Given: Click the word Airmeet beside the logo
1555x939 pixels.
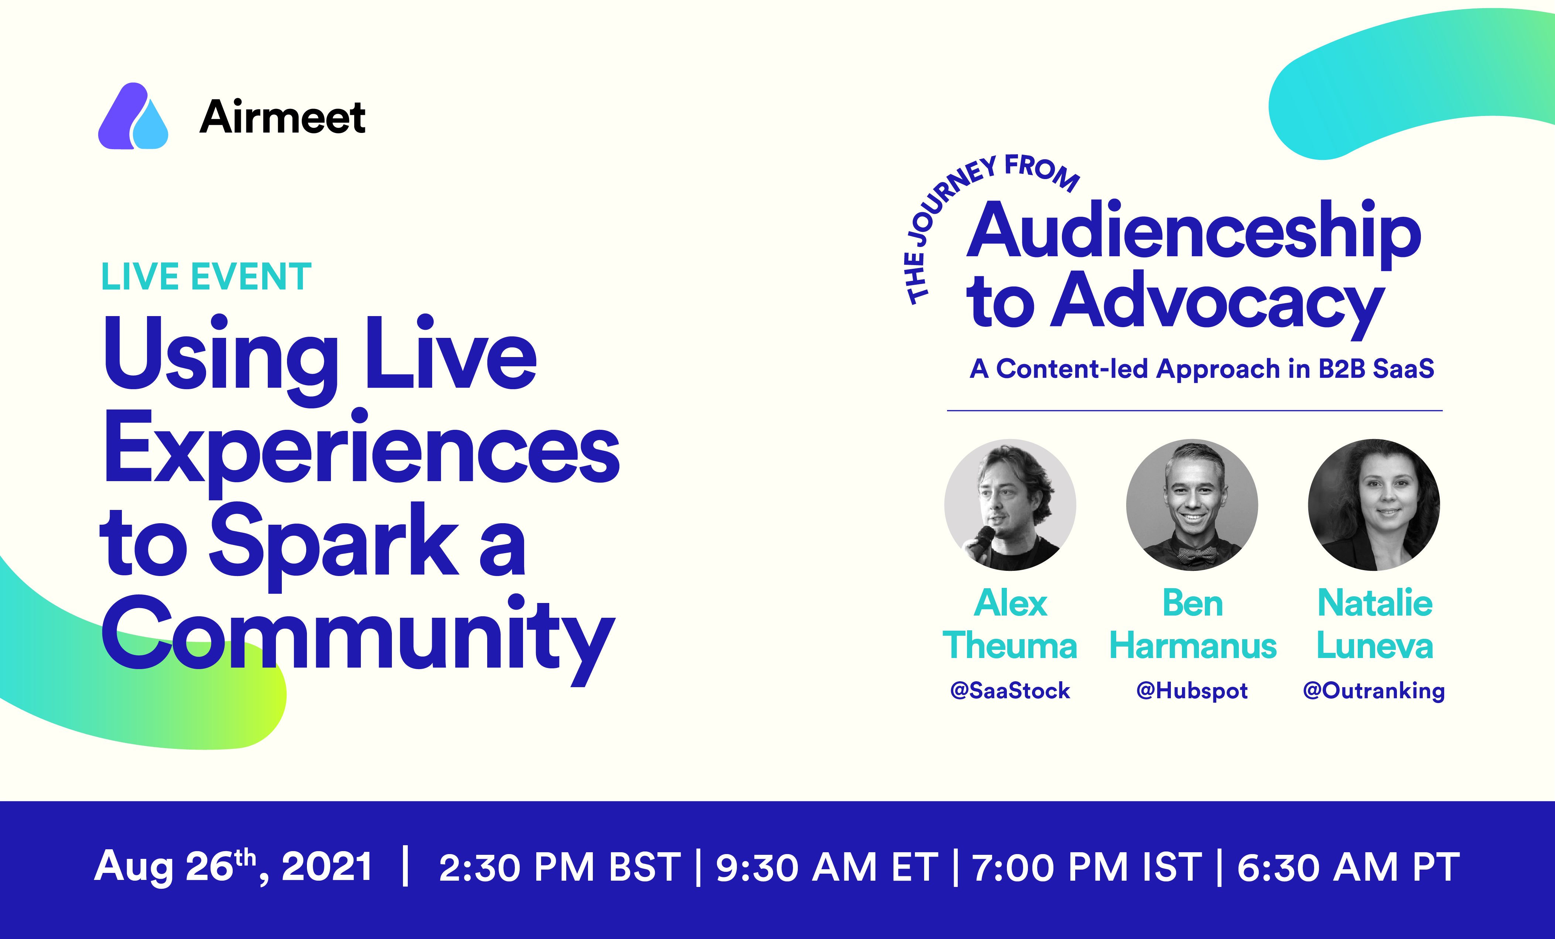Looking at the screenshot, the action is coord(282,117).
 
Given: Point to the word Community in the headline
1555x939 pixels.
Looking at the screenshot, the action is coord(358,637).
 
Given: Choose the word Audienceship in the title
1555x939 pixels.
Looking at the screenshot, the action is coord(1194,232).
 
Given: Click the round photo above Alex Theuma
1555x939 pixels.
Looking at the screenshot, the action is coord(1010,505).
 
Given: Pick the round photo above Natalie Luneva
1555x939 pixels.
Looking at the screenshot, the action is coord(1374,505).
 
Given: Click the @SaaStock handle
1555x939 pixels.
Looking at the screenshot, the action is coord(1010,690).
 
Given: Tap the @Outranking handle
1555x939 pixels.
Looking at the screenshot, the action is coord(1374,691).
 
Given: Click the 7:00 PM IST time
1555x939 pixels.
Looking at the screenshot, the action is coord(1087,867).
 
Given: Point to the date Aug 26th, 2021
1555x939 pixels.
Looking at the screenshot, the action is coord(233,866).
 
